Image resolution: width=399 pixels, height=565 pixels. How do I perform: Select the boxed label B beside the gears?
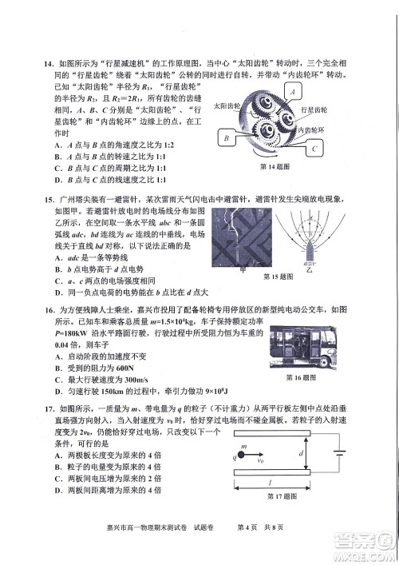(x=227, y=138)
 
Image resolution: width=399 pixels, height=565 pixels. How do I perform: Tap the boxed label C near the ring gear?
(x=315, y=148)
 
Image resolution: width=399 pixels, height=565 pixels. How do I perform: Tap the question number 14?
(x=48, y=63)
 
